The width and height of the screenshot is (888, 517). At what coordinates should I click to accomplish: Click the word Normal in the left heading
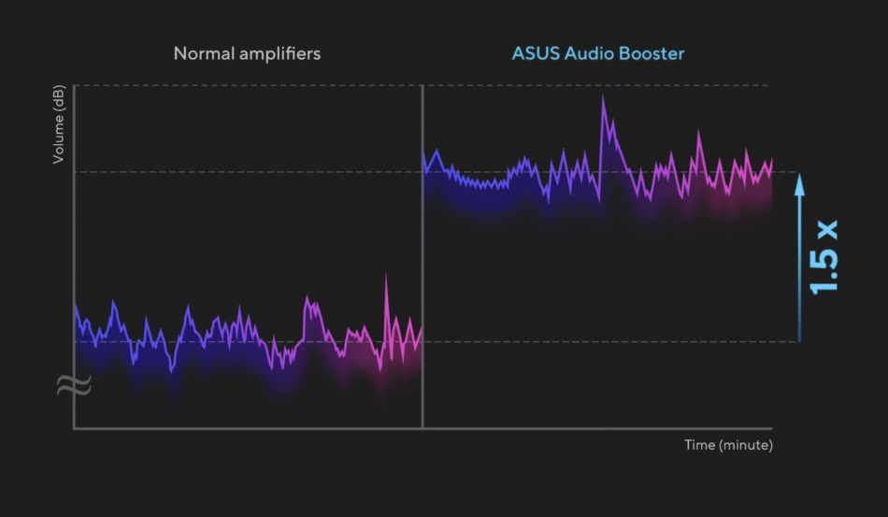click(200, 53)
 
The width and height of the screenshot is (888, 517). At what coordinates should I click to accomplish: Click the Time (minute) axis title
click(728, 444)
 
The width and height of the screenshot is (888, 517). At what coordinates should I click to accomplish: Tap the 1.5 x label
click(824, 258)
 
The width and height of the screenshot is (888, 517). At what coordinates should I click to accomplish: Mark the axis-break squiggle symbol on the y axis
click(74, 384)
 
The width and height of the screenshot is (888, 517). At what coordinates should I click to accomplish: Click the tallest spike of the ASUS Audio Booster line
click(603, 97)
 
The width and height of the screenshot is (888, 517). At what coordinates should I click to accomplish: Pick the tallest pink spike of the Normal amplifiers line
click(386, 276)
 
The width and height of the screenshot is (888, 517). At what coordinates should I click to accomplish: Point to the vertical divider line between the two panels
click(423, 280)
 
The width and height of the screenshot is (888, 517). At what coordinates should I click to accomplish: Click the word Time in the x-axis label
click(699, 444)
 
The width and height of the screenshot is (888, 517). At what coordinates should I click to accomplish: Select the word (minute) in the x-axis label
click(745, 444)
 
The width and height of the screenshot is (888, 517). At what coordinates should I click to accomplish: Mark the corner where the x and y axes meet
click(74, 428)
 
